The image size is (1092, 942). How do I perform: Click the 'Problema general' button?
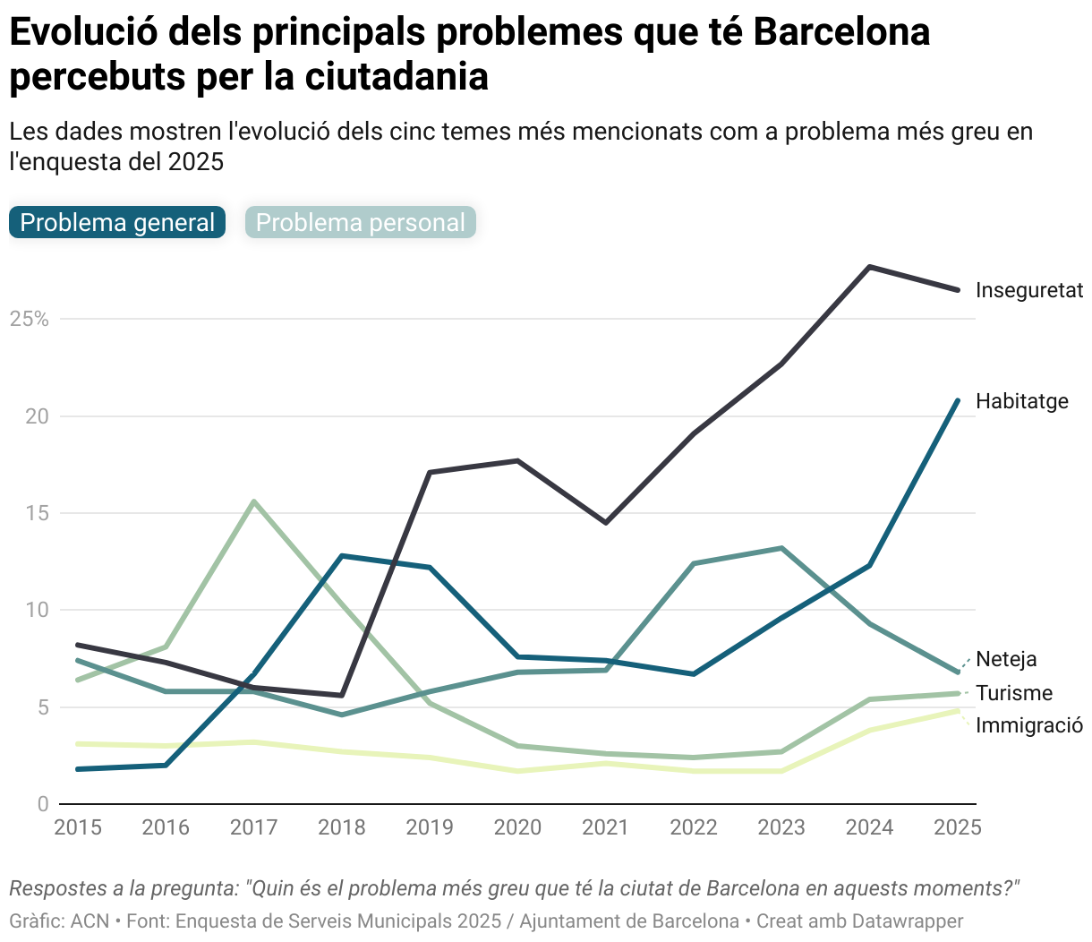pos(117,223)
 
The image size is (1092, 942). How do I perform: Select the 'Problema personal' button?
pos(361,223)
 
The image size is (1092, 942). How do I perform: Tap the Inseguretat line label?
pos(1028,290)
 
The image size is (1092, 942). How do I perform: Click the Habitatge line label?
pos(1021,401)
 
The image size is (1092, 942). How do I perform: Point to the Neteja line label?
pos(1006,659)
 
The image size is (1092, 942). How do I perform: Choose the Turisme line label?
pos(1013,693)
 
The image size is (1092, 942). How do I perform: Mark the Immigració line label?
pos(1028,725)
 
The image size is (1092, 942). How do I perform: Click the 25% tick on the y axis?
pos(29,320)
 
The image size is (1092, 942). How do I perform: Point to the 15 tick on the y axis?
pos(37,514)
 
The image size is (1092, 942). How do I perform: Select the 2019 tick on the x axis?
pos(430,827)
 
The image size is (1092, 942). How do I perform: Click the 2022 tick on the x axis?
pos(694,827)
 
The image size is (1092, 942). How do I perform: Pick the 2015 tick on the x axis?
pos(78,827)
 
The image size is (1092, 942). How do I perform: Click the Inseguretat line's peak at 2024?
pos(870,267)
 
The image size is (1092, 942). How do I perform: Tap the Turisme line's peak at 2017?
pos(254,501)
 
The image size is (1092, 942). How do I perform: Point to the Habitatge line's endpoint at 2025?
pos(958,400)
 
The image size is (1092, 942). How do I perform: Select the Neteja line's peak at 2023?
pos(781,548)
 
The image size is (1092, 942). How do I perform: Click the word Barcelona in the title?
pos(841,32)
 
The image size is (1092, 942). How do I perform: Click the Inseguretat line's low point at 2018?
pos(342,695)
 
